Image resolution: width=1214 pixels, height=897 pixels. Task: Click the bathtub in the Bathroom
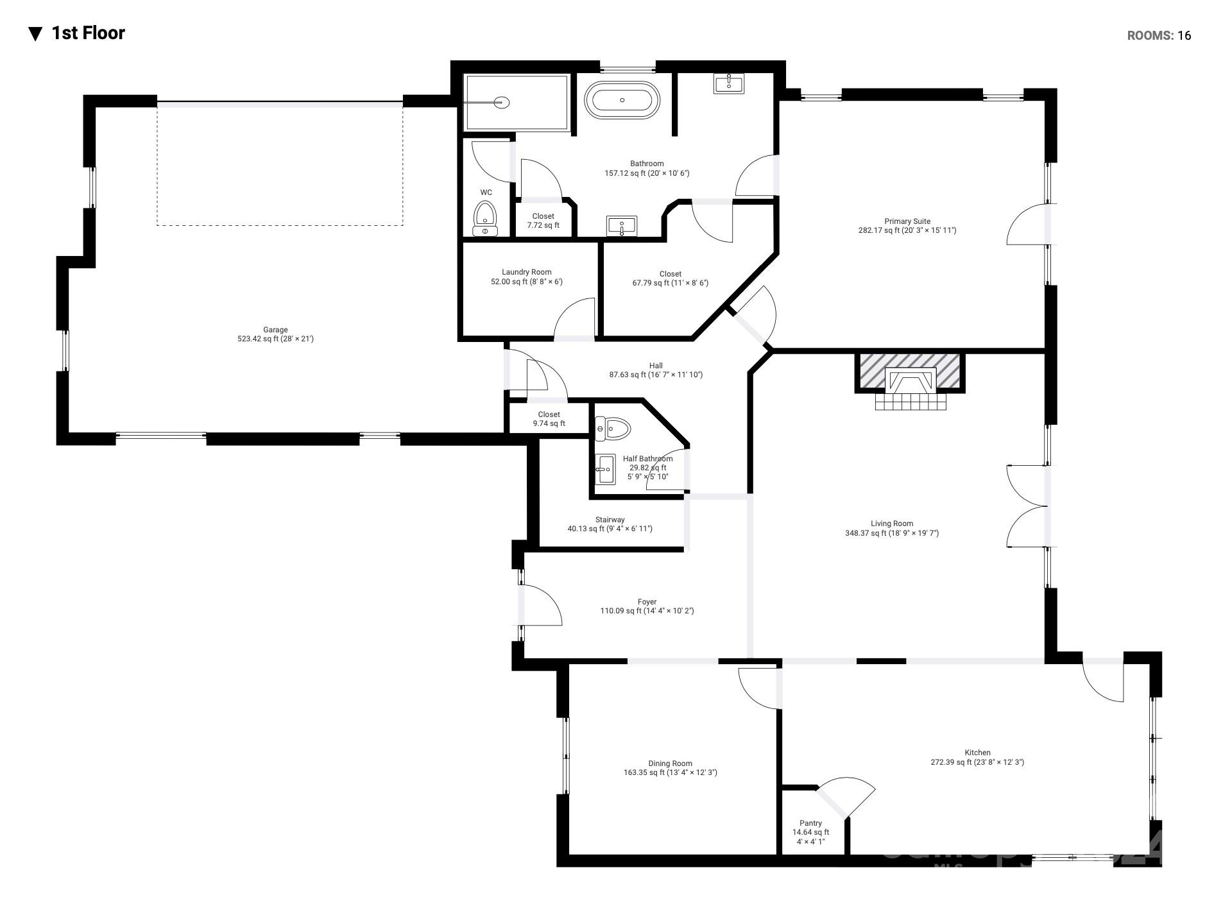click(621, 101)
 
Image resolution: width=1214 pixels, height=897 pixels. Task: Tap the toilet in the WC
click(485, 218)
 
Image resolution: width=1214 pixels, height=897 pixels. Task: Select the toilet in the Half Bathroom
click(613, 429)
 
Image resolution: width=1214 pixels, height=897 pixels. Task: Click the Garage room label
click(275, 334)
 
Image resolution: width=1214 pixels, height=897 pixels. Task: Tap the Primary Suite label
click(907, 226)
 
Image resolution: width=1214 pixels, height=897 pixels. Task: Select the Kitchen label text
click(977, 758)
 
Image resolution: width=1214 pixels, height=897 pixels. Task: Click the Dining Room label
click(670, 768)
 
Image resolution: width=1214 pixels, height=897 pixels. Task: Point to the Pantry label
click(810, 832)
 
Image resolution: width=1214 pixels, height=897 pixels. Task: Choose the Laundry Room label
click(526, 277)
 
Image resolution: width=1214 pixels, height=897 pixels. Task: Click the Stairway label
click(610, 524)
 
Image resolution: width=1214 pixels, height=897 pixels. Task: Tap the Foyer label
click(647, 606)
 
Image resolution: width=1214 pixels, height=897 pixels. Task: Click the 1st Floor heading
click(88, 33)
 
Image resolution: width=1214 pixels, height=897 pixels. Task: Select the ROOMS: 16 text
click(1159, 36)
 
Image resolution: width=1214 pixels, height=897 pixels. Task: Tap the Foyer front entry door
click(540, 605)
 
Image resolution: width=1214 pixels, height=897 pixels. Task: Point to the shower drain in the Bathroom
click(502, 102)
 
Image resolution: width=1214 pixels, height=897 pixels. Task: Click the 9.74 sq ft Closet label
click(549, 419)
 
